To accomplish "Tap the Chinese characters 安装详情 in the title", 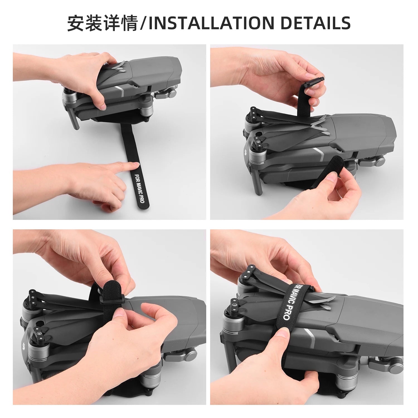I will (x=102, y=23).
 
